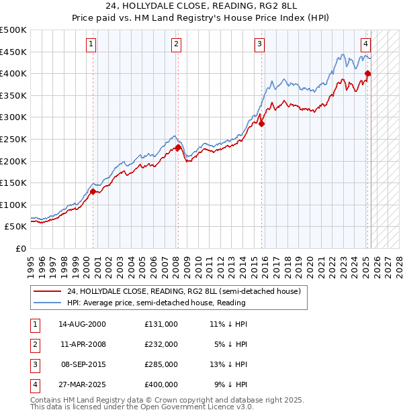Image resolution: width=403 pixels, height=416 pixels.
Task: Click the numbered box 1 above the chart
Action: coord(91,44)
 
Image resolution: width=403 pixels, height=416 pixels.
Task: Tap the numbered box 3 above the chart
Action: coord(259,44)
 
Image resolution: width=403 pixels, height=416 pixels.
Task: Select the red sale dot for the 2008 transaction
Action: coord(178,148)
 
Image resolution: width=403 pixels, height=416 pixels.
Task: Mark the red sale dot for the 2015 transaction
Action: coord(262,123)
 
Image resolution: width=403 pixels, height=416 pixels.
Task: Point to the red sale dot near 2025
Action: coord(368,74)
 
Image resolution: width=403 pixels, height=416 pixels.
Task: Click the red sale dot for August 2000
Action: coord(93,191)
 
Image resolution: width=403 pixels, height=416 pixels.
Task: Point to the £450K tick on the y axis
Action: coord(14,52)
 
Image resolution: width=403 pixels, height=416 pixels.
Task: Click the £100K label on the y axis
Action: coord(14,205)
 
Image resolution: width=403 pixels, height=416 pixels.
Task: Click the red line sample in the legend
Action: coord(48,291)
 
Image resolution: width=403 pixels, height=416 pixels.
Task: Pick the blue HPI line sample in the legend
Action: coord(48,303)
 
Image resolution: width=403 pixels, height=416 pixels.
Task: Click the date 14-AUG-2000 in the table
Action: coord(82,324)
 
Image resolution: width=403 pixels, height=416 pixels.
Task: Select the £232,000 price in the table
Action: coord(161,344)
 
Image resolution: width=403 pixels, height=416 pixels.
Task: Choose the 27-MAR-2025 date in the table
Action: coord(83,384)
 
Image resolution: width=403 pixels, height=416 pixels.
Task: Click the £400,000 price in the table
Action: coord(161,384)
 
